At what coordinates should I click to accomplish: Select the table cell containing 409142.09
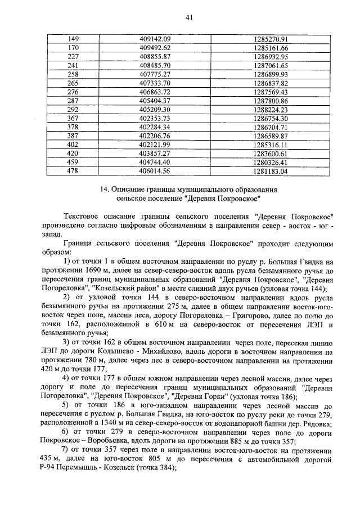155,39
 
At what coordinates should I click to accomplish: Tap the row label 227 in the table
73,57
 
